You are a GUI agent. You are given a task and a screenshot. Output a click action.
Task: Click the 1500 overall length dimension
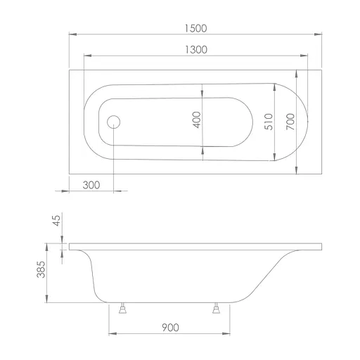195,28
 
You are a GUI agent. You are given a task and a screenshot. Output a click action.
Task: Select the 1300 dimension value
196,50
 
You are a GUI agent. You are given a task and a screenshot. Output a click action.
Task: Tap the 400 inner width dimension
197,120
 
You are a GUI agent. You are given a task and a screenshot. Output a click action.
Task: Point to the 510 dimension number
269,122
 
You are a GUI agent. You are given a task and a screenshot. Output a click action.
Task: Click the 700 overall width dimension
290,122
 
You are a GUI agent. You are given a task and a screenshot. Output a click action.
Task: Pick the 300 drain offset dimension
91,185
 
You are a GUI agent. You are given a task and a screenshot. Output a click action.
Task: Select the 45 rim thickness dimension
56,221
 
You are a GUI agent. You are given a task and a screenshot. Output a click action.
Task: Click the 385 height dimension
41,269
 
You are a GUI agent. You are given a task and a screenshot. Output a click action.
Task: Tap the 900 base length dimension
170,328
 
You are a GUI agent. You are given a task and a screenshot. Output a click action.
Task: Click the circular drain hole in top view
114,122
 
